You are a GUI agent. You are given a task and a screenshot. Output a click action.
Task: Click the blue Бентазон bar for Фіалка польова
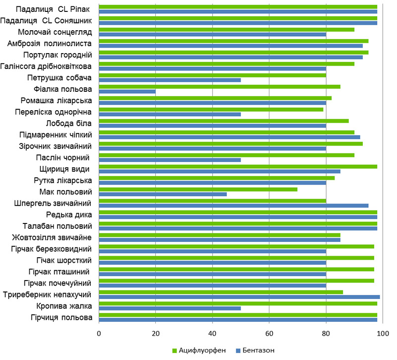pyautogui.click(x=128, y=91)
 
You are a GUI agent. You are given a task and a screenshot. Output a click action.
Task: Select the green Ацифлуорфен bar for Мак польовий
pyautogui.click(x=198, y=189)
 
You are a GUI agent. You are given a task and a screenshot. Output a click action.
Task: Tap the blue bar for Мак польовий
pyautogui.click(x=163, y=194)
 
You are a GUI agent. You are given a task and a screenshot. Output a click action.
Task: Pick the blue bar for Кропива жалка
pyautogui.click(x=170, y=308)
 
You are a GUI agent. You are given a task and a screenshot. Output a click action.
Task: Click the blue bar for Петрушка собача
pyautogui.click(x=170, y=79)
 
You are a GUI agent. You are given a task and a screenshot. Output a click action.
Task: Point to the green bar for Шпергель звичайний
pyautogui.click(x=212, y=201)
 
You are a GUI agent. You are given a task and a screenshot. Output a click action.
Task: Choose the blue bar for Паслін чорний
pyautogui.click(x=170, y=159)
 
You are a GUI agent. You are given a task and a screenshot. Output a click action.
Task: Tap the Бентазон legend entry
pyautogui.click(x=253, y=351)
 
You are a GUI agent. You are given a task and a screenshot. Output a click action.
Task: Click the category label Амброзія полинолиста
pyautogui.click(x=49, y=43)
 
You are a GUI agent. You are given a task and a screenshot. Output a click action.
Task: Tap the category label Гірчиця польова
pyautogui.click(x=62, y=317)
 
